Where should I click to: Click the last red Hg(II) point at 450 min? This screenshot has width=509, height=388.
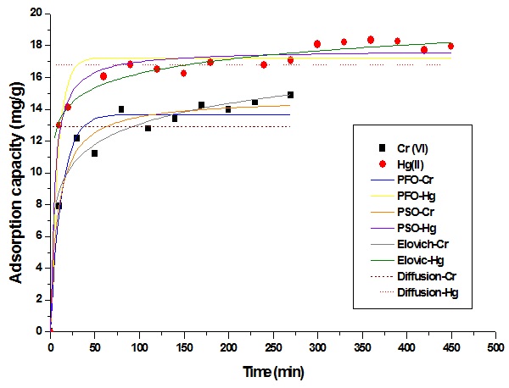(x=450, y=46)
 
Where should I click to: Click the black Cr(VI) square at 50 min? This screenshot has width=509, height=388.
(x=95, y=153)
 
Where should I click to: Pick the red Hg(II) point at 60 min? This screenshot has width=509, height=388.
(x=103, y=76)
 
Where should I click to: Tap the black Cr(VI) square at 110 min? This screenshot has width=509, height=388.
(x=148, y=128)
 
